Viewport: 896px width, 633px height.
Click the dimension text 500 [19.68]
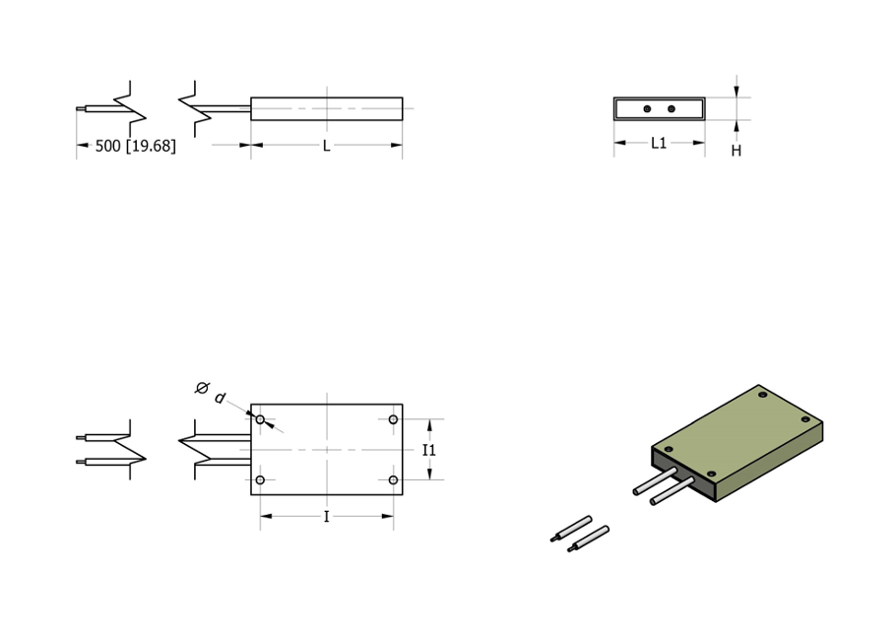tap(136, 146)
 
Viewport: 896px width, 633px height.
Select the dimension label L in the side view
tap(326, 146)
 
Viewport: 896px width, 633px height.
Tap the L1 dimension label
tap(659, 143)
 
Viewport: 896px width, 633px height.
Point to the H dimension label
tap(736, 151)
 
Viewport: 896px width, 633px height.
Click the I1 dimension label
tap(429, 450)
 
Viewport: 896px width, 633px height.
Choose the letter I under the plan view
tap(326, 517)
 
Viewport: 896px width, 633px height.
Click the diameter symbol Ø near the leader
tap(202, 389)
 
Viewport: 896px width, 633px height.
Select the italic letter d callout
tap(220, 398)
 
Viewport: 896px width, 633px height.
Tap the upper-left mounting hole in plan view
tap(260, 420)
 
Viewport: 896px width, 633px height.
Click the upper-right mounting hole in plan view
tap(393, 420)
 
